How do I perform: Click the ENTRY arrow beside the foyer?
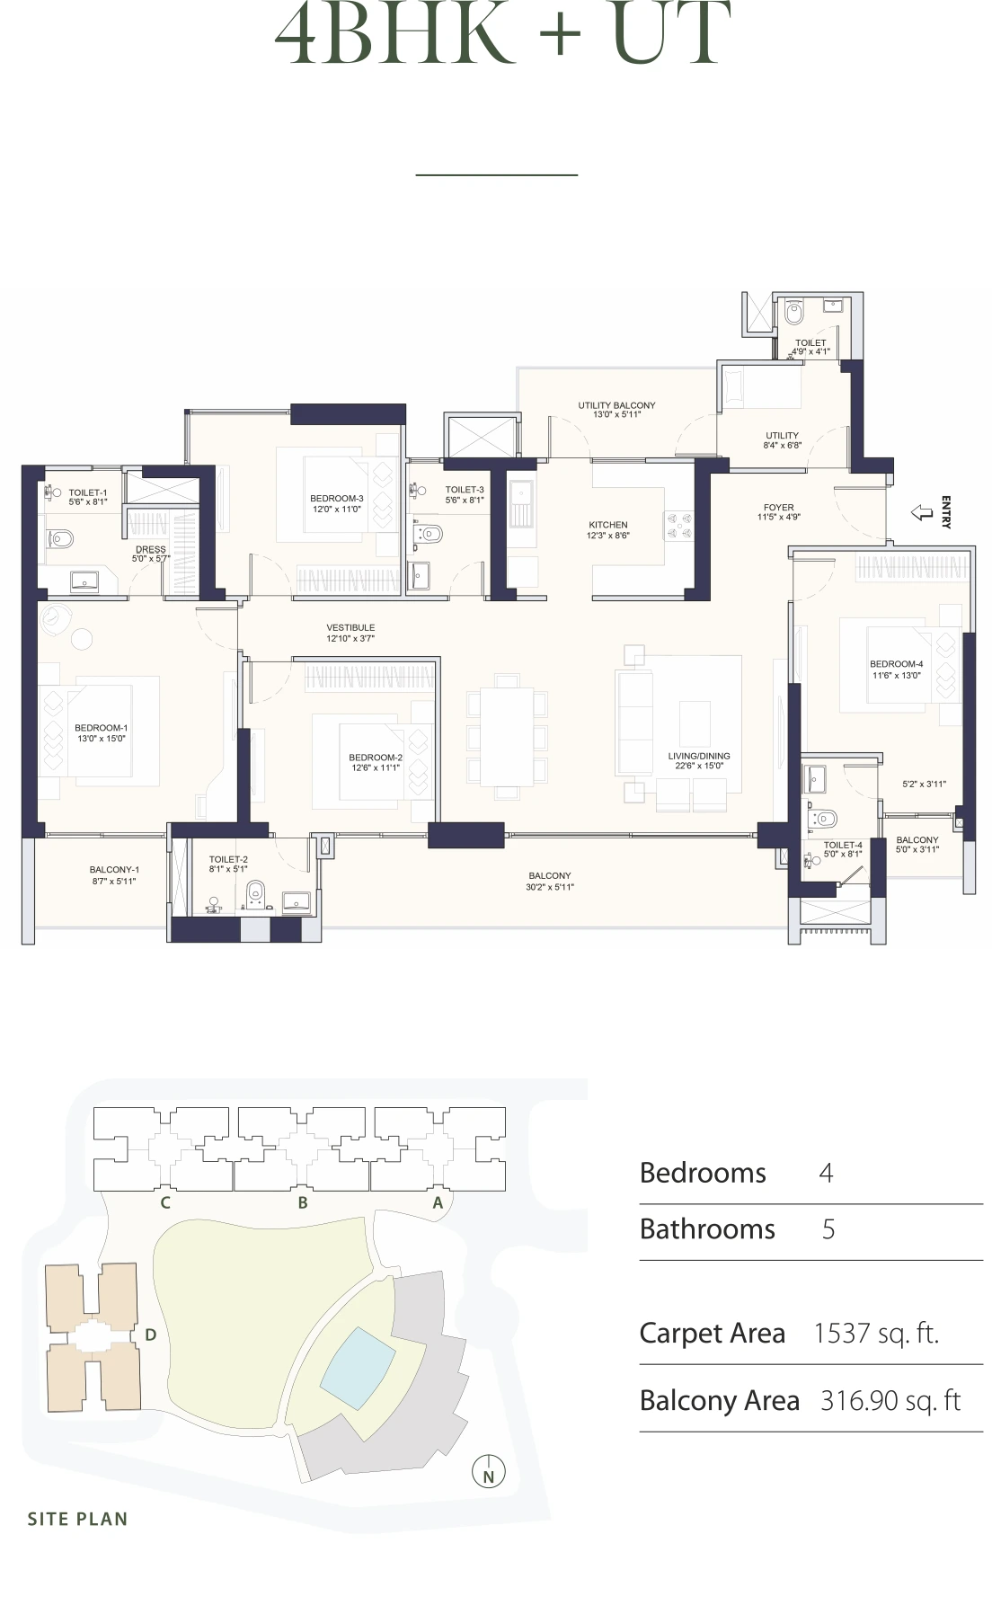[x=922, y=512]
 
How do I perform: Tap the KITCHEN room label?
[x=608, y=525]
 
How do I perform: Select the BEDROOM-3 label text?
[x=337, y=499]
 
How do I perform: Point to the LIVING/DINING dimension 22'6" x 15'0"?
[x=699, y=767]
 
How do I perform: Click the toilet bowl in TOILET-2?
[x=256, y=892]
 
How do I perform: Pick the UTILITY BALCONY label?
[x=616, y=405]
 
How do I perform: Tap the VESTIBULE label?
[x=350, y=627]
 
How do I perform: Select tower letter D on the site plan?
[x=150, y=1335]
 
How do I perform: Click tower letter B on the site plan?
[x=303, y=1202]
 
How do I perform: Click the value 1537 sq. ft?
[x=875, y=1334]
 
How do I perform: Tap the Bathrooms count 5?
[x=828, y=1229]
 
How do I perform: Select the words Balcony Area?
[x=719, y=1401]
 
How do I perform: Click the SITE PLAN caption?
[x=77, y=1519]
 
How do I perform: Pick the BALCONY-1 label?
[x=114, y=870]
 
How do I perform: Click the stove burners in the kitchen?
[x=678, y=526]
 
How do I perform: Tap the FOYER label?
[x=778, y=508]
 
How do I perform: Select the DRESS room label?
[x=151, y=549]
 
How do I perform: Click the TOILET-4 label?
[x=843, y=845]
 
